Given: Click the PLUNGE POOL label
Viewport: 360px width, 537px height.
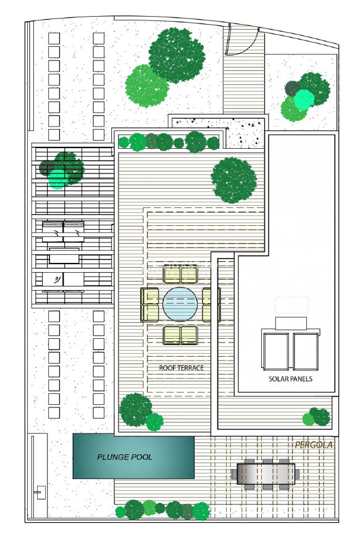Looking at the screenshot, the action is (125, 457).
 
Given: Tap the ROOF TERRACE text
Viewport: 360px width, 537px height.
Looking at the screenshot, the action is (181, 368).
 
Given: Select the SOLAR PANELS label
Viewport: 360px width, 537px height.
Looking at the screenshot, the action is (290, 379).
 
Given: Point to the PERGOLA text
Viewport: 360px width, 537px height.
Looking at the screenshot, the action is (314, 444).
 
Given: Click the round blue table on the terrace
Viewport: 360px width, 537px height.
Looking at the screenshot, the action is (180, 304).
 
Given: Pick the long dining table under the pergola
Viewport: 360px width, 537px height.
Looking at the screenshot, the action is (266, 474).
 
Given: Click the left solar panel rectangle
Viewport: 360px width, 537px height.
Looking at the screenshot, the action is (275, 351).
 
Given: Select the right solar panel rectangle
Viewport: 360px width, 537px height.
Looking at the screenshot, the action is (306, 351).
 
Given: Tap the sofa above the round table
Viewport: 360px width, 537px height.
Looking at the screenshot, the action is (180, 274).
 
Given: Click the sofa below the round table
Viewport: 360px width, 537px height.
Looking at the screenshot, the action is (180, 335).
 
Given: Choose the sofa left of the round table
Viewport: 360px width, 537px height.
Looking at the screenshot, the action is (149, 304).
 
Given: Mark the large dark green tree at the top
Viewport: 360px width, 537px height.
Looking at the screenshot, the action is (177, 55).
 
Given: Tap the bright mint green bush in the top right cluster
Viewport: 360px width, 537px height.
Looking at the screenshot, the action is (304, 99).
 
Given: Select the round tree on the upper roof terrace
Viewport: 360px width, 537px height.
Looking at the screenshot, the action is (234, 180).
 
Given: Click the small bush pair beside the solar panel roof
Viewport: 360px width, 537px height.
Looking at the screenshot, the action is (317, 417).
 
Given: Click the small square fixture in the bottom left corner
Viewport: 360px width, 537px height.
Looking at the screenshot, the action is (41, 493).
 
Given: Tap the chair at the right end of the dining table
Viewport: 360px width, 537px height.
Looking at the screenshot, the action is (297, 474).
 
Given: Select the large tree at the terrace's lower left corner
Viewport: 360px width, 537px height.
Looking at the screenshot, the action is (136, 410).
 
